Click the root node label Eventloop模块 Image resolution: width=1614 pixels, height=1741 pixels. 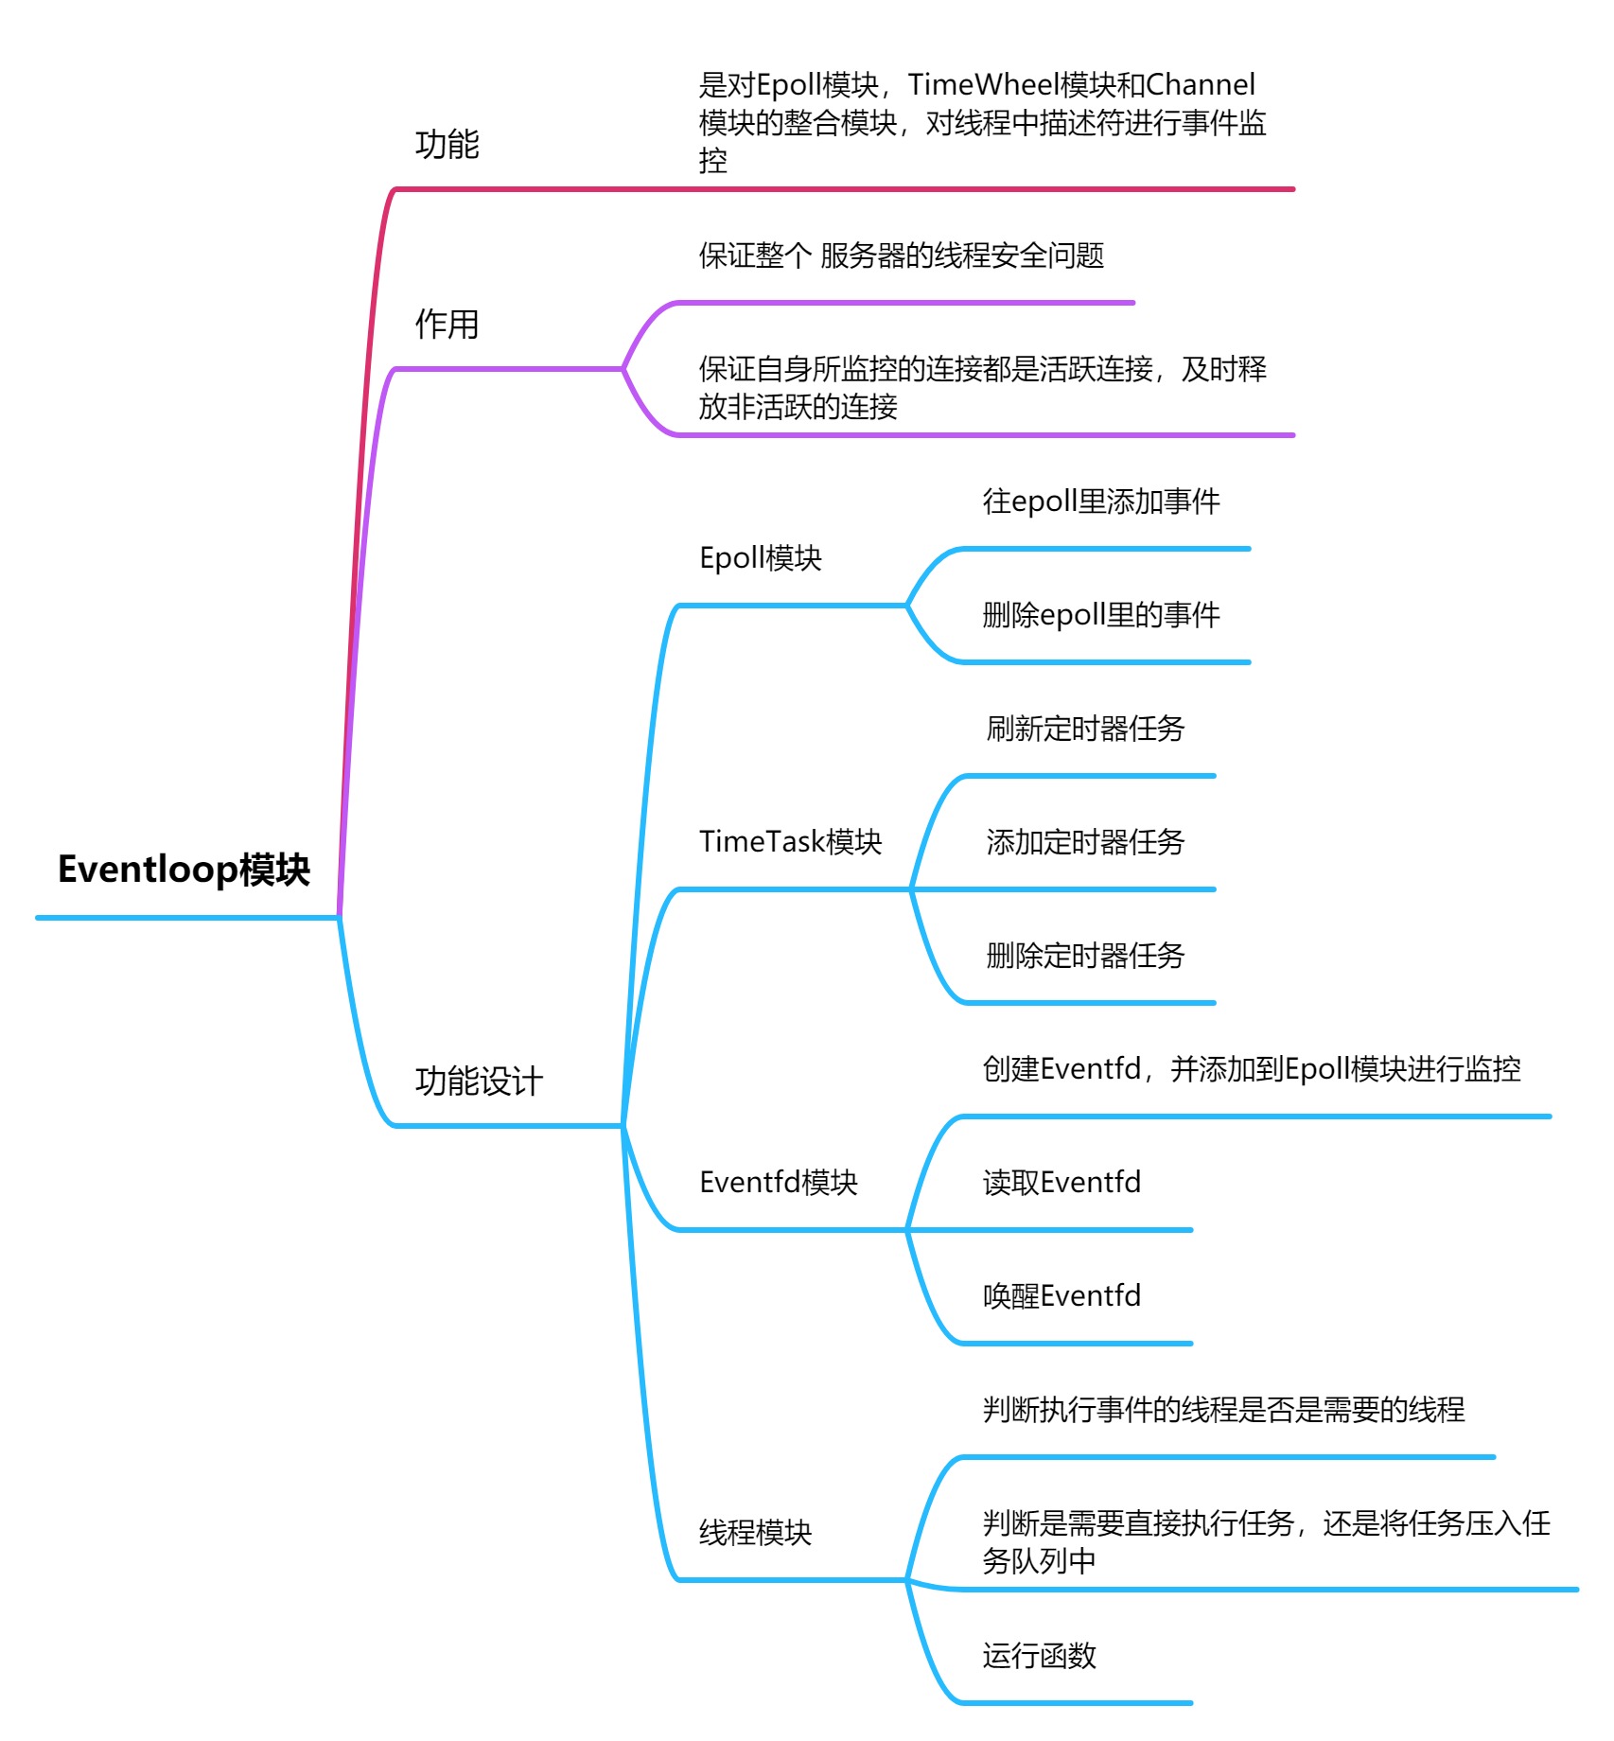click(x=184, y=870)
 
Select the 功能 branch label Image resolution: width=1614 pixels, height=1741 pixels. click(x=447, y=145)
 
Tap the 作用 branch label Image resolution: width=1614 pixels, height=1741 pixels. click(x=447, y=325)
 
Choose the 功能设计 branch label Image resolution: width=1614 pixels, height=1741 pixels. click(x=479, y=1082)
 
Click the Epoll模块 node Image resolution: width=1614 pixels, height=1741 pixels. click(x=761, y=558)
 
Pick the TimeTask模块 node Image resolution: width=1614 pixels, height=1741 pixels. click(x=790, y=842)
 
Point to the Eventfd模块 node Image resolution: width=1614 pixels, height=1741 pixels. click(x=778, y=1183)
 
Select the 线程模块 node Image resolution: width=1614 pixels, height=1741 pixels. click(x=755, y=1533)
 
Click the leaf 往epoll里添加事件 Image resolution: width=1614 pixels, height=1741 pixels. click(x=1101, y=501)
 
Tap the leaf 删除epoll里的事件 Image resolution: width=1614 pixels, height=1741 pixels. click(x=1101, y=615)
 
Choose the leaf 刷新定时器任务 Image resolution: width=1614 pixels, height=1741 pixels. click(x=1085, y=729)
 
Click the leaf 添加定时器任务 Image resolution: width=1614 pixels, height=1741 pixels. click(x=1085, y=842)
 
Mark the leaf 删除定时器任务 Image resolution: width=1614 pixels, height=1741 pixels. click(x=1085, y=956)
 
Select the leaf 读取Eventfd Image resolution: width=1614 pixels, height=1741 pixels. click(x=1061, y=1183)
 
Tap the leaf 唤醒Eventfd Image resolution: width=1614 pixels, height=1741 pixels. click(x=1061, y=1296)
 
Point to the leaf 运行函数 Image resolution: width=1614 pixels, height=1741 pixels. click(x=1039, y=1656)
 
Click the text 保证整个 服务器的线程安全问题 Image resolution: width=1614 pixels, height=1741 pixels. click(x=902, y=255)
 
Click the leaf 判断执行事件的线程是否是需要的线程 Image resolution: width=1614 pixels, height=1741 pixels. click(x=1223, y=1410)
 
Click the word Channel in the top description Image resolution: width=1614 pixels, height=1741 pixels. click(x=1201, y=85)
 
